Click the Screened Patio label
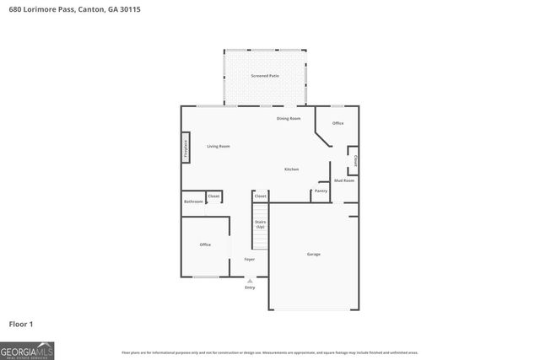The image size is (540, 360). point(265,77)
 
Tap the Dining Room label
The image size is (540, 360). point(289,118)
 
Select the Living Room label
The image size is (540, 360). point(219,147)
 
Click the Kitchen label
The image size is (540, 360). point(291,169)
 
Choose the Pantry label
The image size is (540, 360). point(321,191)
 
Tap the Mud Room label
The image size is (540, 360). point(344,180)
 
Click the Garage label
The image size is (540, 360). point(313,254)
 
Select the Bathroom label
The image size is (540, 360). point(193,201)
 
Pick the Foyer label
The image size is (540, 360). point(250,259)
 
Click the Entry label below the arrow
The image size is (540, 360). point(250,287)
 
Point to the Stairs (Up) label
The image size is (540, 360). point(260,224)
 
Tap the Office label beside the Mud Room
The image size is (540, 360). point(337,123)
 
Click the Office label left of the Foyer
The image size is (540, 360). point(205,244)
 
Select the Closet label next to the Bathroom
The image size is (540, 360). point(213,196)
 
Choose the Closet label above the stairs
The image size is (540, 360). point(260,196)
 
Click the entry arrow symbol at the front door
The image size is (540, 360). point(250,280)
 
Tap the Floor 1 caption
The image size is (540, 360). point(21,324)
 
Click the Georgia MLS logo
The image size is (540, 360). point(27,350)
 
